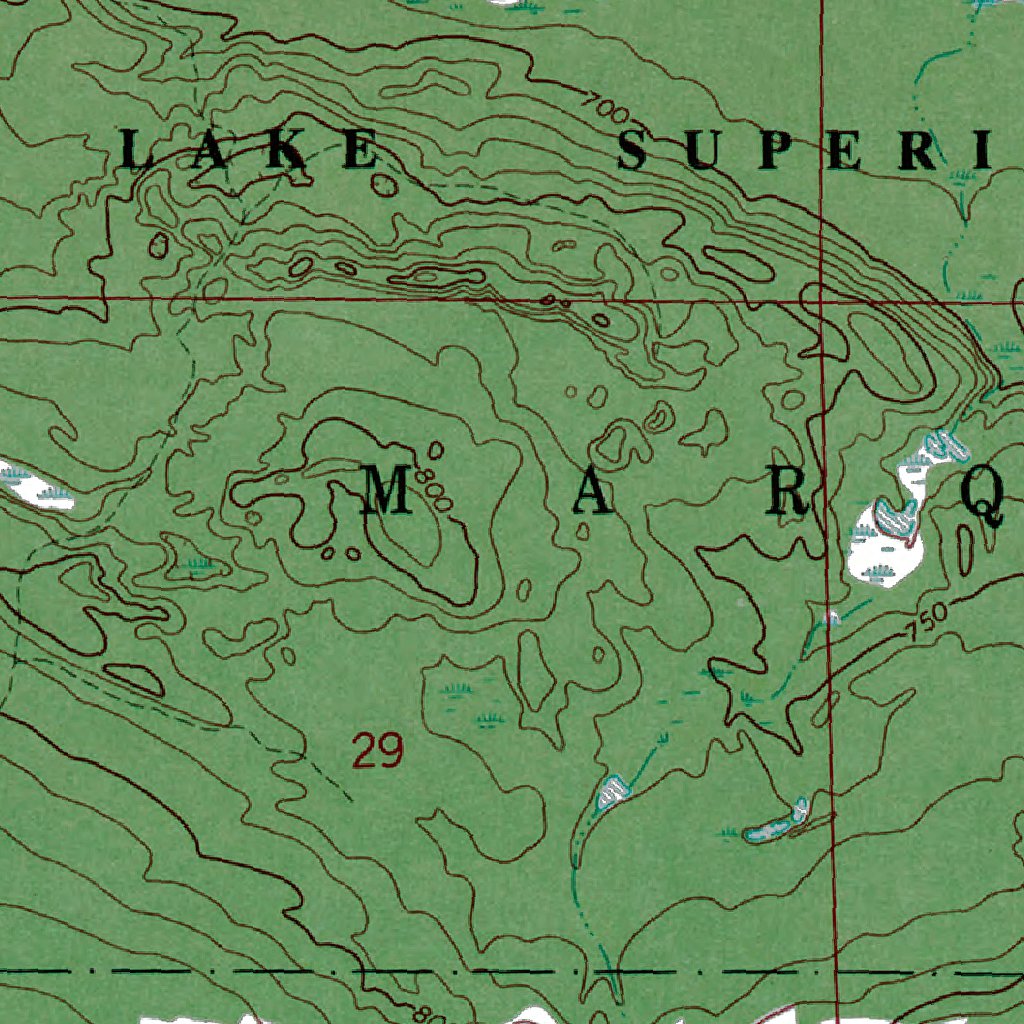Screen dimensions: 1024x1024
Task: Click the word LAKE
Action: (x=248, y=151)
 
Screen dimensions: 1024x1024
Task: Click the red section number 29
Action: (x=377, y=750)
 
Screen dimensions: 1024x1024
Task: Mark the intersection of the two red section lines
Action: (x=820, y=298)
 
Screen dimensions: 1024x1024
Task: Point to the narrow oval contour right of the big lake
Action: (x=965, y=548)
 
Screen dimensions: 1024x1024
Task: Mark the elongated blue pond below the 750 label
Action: (x=775, y=824)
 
